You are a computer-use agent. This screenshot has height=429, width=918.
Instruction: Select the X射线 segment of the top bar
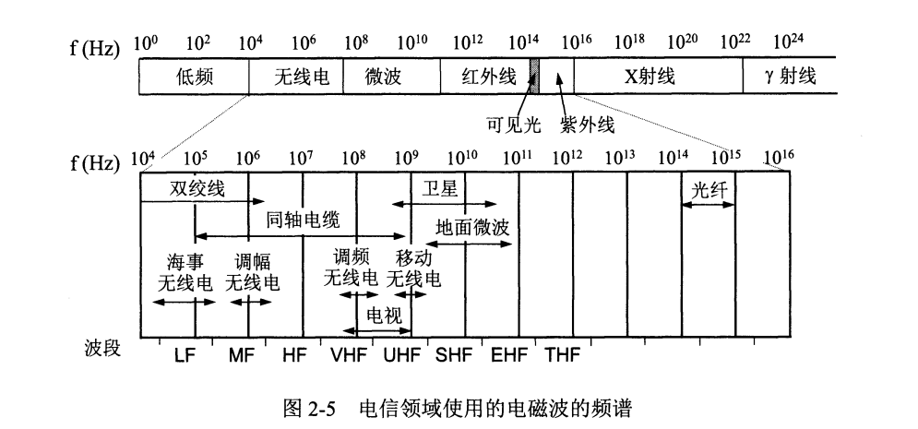[650, 77]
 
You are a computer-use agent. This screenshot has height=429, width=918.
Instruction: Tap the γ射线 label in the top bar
[791, 77]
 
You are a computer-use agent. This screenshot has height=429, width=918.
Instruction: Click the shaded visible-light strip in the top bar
[533, 77]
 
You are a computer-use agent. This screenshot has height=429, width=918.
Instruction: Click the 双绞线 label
[196, 188]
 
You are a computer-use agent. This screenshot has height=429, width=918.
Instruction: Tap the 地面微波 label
[473, 224]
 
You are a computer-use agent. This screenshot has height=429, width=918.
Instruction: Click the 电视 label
[384, 316]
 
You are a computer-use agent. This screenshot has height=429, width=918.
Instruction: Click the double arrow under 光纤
[709, 205]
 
